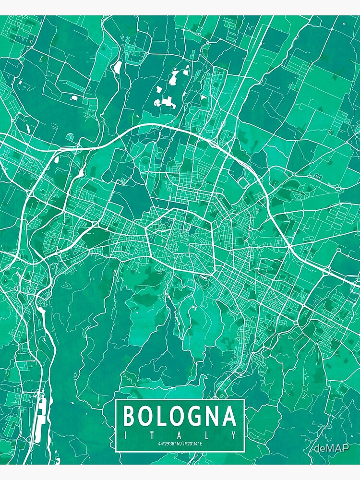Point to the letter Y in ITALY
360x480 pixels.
tap(234, 435)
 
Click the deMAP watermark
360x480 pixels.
tap(332, 448)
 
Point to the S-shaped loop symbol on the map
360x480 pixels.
tap(316, 177)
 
